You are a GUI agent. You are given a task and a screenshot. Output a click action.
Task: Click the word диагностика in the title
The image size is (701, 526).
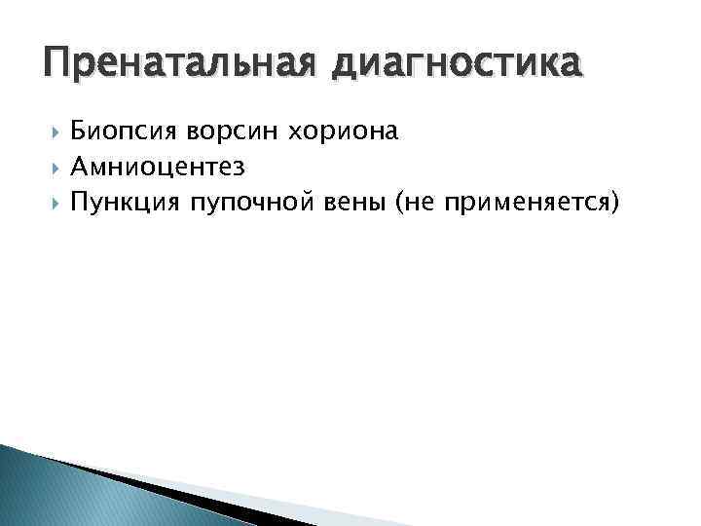[x=459, y=67]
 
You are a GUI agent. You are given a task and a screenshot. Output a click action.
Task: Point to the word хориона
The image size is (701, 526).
[x=350, y=131]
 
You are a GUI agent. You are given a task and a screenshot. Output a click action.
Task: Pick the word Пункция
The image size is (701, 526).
[x=126, y=202]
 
